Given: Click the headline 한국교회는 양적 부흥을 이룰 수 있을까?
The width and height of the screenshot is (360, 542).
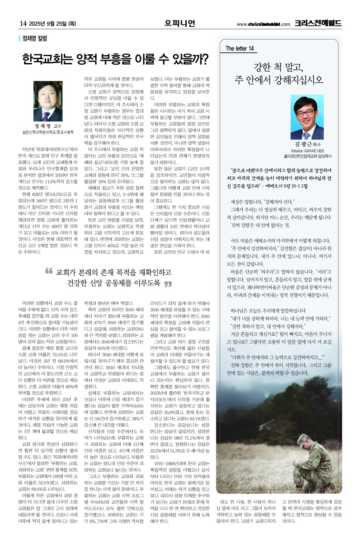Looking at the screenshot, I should (x=116, y=59).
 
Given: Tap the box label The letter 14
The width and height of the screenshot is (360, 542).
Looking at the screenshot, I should (x=240, y=48).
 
